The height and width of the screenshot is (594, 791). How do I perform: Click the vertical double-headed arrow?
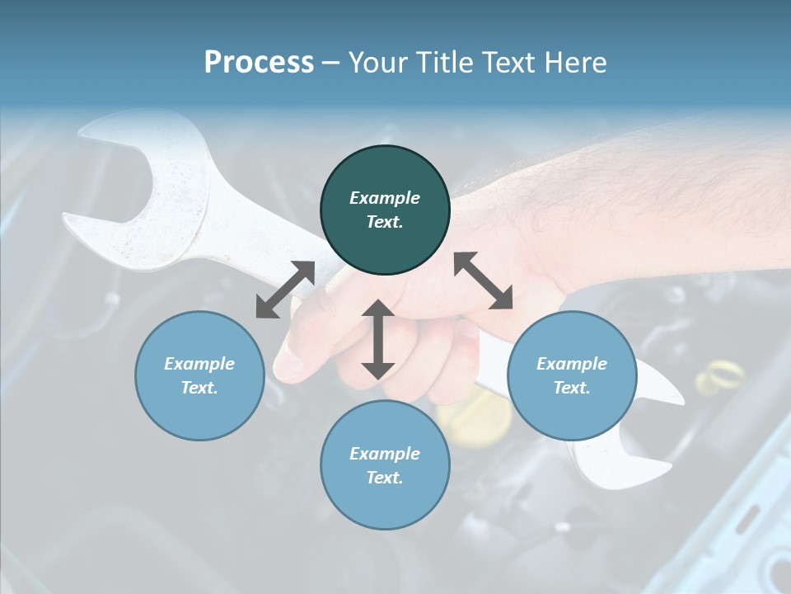[x=378, y=340]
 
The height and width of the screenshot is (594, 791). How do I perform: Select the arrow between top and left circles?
[x=285, y=290]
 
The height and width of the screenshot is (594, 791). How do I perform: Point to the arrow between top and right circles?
[x=483, y=280]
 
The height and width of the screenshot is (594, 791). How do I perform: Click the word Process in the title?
[x=259, y=62]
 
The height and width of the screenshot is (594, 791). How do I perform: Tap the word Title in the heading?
[x=446, y=62]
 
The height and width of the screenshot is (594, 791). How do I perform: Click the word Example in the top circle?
[x=385, y=198]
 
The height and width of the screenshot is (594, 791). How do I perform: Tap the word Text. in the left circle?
[x=199, y=388]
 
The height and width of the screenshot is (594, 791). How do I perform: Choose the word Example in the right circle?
[x=572, y=364]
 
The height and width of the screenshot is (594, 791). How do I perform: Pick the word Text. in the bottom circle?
[x=385, y=478]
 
